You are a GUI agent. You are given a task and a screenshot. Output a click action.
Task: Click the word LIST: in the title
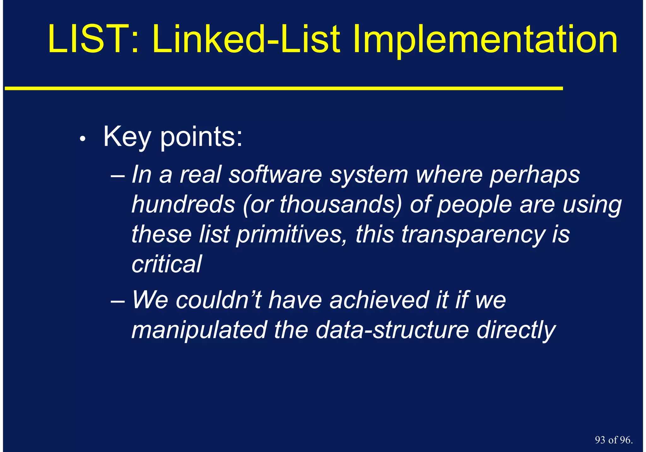point(93,39)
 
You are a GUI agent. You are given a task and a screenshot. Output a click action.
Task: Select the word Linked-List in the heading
point(246,39)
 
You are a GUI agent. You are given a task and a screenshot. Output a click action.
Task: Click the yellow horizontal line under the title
point(284,89)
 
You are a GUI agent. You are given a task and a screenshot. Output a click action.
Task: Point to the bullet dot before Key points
point(83,139)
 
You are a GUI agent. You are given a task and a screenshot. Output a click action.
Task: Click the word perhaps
point(534,175)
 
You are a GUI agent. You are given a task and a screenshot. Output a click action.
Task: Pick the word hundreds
point(183,204)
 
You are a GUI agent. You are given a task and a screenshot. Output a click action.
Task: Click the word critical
point(167,264)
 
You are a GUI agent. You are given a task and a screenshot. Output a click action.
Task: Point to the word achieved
point(378,300)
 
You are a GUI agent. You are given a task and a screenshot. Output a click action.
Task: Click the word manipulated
point(199,330)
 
